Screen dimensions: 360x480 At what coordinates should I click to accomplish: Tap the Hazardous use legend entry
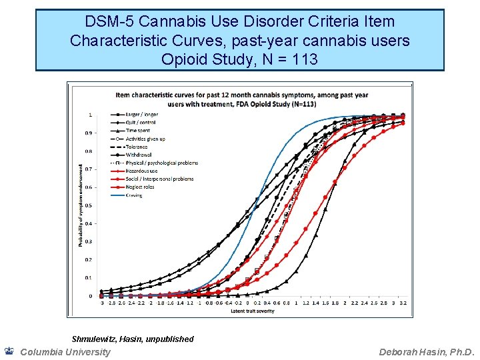[140, 171]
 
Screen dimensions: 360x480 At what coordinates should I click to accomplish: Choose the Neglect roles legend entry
[139, 187]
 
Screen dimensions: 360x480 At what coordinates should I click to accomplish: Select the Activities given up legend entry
[145, 139]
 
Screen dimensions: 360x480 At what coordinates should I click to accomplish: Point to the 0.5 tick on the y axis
[89, 205]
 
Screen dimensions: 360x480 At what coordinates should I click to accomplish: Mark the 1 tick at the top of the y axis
[91, 115]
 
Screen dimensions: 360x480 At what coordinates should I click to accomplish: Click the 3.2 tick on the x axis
[403, 303]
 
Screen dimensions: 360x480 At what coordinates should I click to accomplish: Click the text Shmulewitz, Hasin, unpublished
[133, 339]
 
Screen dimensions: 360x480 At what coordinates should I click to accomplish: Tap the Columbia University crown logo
[9, 351]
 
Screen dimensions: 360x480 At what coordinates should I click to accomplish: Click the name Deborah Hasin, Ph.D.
[426, 351]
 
